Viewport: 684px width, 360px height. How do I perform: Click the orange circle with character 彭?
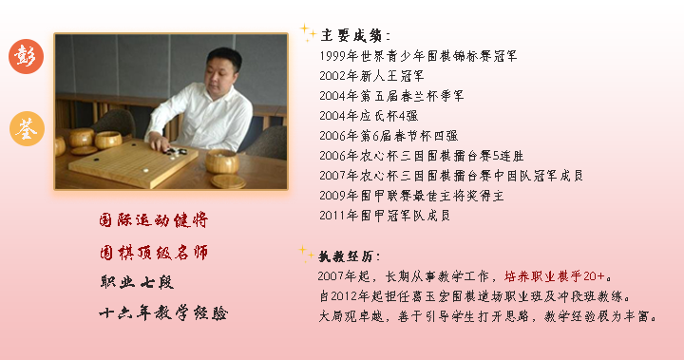[26, 57]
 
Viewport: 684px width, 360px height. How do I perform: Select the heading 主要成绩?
[350, 35]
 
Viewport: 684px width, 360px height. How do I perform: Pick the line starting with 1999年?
[419, 56]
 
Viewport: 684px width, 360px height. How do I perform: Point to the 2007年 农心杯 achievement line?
[451, 176]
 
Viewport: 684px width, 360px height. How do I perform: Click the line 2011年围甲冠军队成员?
[385, 216]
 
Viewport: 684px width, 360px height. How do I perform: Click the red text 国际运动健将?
[154, 220]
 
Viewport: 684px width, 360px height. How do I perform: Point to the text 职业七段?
[137, 282]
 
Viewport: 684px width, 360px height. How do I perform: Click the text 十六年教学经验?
[163, 313]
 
